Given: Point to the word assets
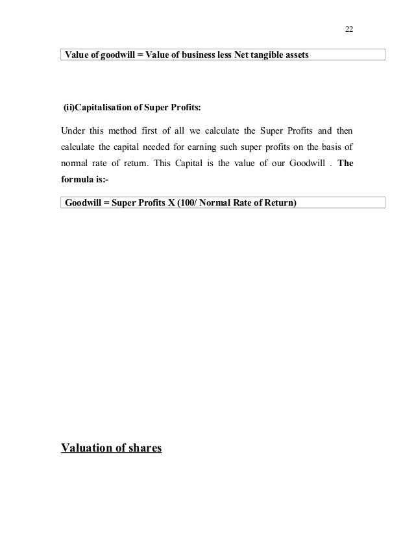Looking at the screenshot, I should point(296,55).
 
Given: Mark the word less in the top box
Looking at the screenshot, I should point(225,55).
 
